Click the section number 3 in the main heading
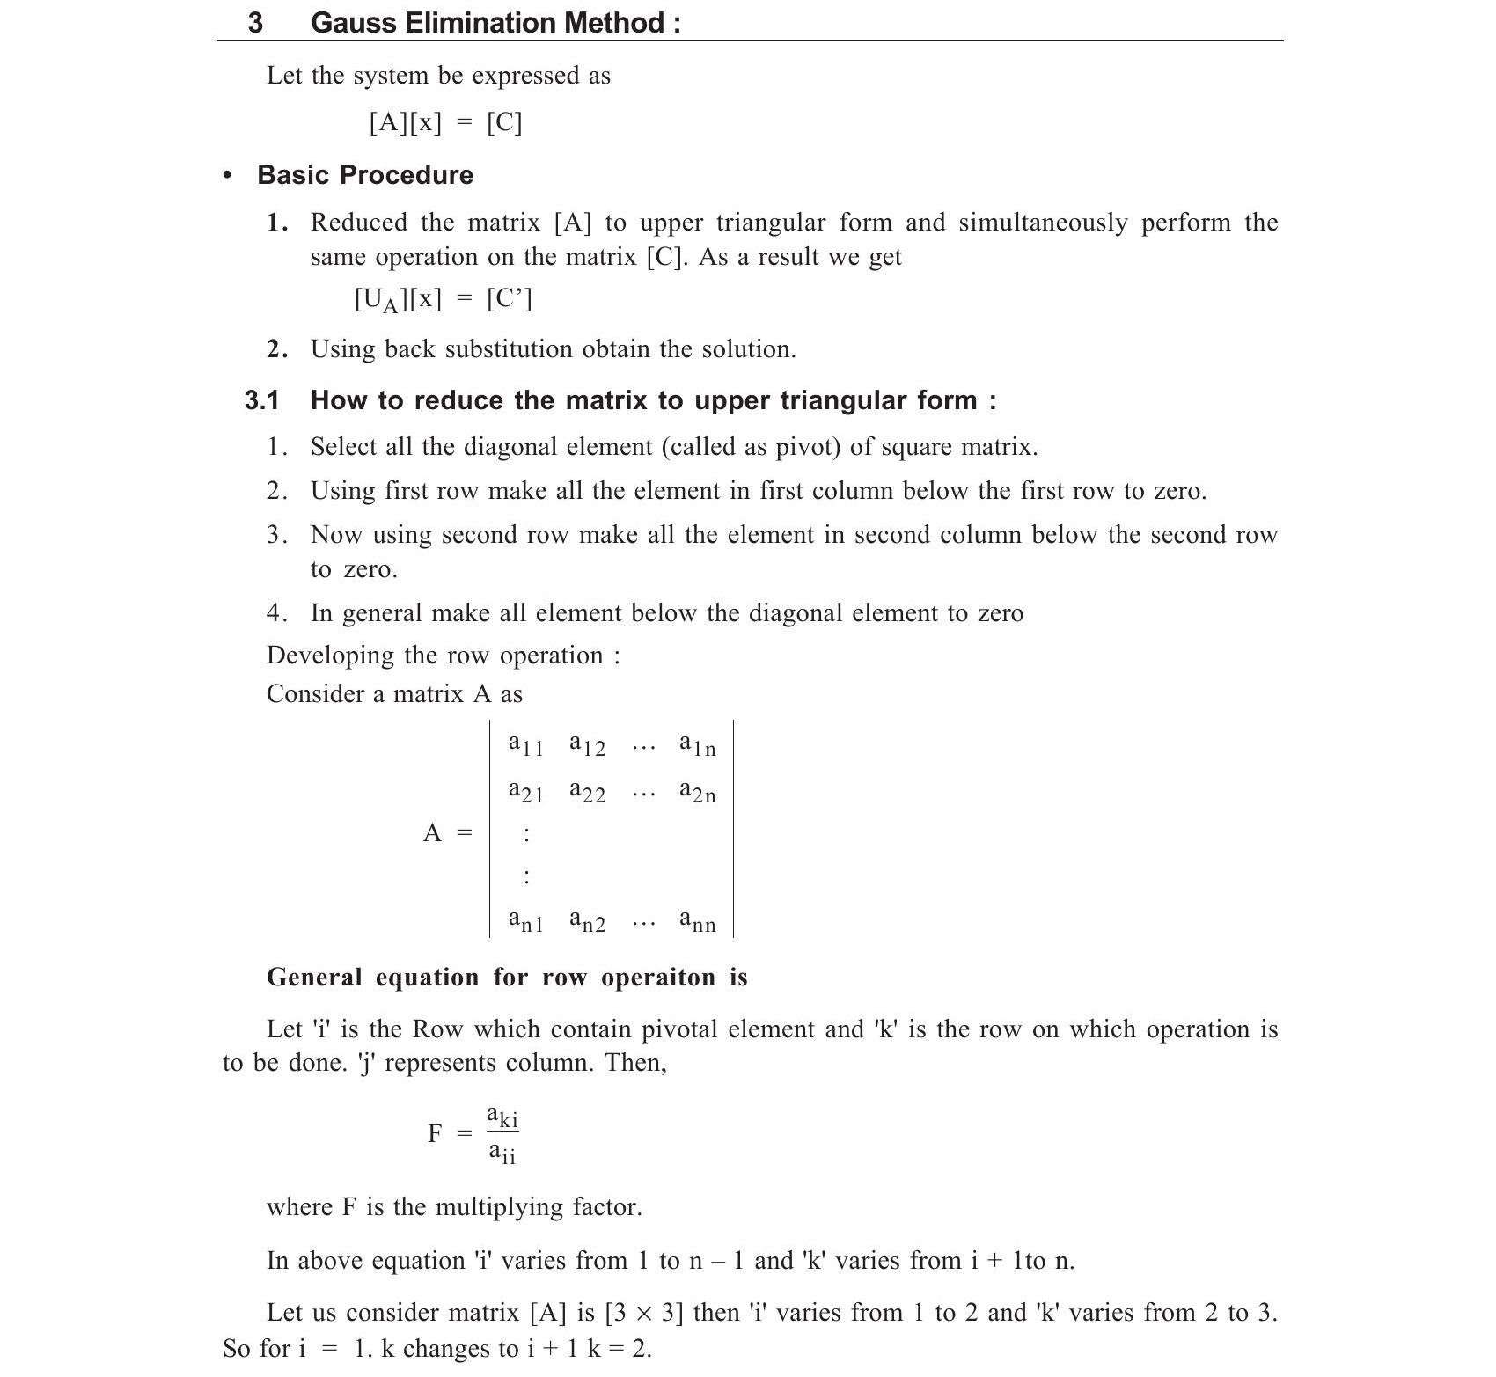pos(255,22)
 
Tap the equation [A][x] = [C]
pos(445,122)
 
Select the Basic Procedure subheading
pos(364,175)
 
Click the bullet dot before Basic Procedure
pos(229,175)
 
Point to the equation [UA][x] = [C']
pos(443,300)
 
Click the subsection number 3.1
pos(261,401)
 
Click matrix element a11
pos(525,745)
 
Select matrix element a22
pos(587,792)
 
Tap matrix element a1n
pos(697,745)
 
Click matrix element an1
pos(525,921)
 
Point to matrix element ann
pos(697,921)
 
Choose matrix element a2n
pos(697,792)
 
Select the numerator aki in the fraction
pos(502,1117)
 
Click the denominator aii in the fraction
pos(502,1152)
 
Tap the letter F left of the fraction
pos(435,1133)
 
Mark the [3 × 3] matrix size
pos(644,1313)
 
